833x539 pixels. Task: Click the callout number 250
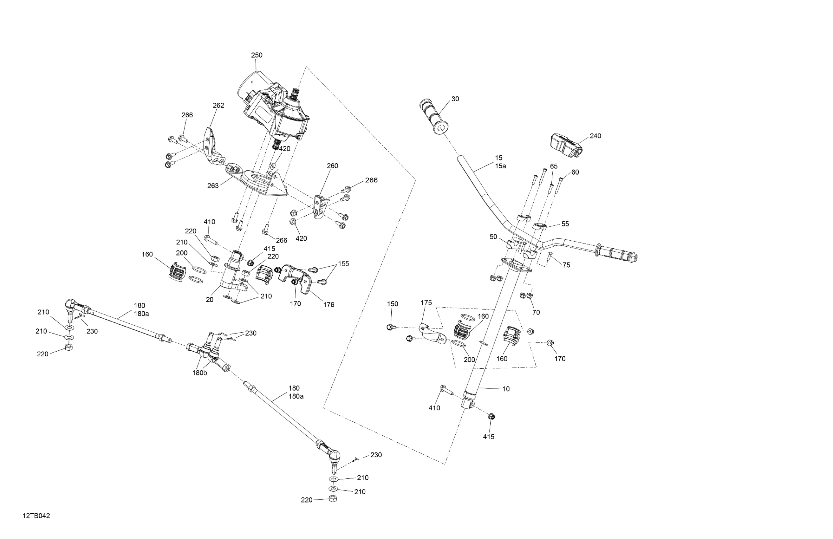click(257, 55)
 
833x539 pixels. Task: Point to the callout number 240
click(595, 136)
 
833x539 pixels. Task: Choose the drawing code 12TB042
click(36, 516)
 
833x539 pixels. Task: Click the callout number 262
click(218, 106)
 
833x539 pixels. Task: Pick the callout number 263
click(213, 186)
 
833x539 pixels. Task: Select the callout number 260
click(333, 166)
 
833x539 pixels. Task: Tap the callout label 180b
click(199, 373)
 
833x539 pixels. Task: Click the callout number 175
click(426, 303)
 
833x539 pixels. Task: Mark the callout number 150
click(392, 304)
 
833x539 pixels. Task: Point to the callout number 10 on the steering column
click(506, 389)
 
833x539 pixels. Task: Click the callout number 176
click(329, 305)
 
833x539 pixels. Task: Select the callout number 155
click(344, 264)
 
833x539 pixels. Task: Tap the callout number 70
click(536, 313)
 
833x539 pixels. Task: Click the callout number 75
click(566, 265)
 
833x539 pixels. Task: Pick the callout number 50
click(493, 237)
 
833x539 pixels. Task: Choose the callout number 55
click(565, 224)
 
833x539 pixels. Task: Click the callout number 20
click(210, 300)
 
